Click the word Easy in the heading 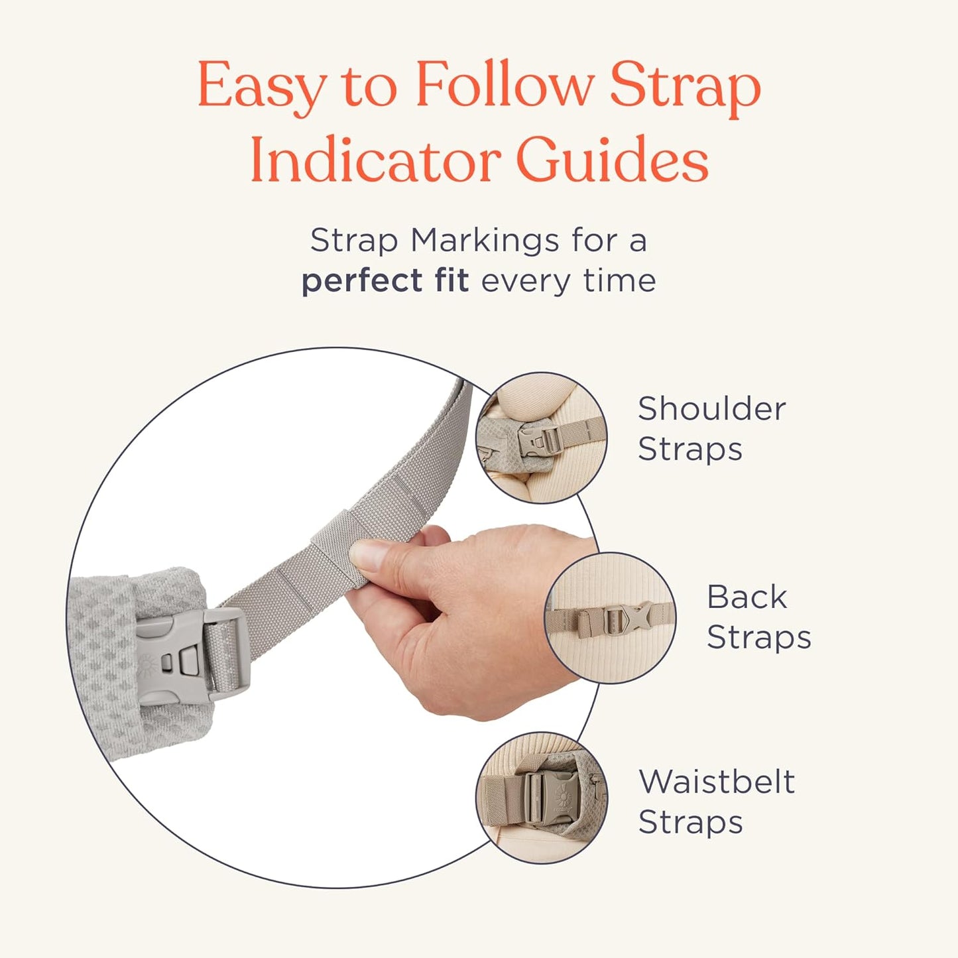coord(261,86)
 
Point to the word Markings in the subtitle coord(485,240)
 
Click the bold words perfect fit coord(385,280)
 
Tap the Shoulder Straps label coord(711,428)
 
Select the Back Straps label coord(758,617)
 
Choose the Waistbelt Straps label coord(716,802)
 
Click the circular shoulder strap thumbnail coord(541,438)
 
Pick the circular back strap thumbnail coord(611,617)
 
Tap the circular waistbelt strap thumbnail coord(541,798)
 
